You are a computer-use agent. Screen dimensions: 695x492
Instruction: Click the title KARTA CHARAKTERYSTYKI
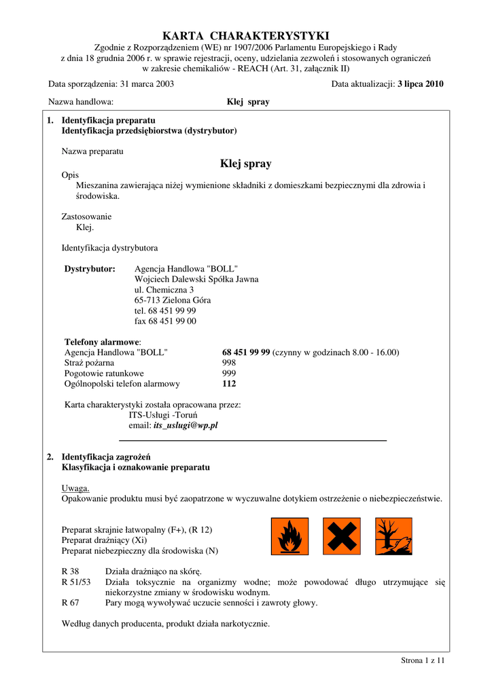click(x=245, y=35)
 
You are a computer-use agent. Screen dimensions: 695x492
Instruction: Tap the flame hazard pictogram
click(x=289, y=536)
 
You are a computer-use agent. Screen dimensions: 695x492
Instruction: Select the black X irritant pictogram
click(x=341, y=536)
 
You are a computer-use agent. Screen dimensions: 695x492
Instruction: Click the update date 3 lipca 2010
click(x=421, y=84)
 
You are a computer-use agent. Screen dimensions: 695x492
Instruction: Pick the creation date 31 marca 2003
click(x=147, y=84)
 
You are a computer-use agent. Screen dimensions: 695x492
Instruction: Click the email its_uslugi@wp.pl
click(x=186, y=426)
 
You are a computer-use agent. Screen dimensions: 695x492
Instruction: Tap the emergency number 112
click(x=229, y=383)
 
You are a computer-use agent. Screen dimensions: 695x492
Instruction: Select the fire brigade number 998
click(x=229, y=363)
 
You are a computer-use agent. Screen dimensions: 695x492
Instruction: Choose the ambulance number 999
click(x=229, y=373)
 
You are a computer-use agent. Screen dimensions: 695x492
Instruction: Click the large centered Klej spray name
click(x=246, y=164)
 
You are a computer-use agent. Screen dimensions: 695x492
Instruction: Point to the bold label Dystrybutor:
click(x=90, y=269)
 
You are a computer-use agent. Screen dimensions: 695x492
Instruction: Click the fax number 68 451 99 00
click(x=165, y=321)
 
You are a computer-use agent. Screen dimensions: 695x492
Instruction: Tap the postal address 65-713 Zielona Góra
click(x=173, y=300)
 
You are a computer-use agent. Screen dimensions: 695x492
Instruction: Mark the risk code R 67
click(x=70, y=602)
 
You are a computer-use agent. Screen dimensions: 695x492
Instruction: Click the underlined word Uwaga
click(x=75, y=488)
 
